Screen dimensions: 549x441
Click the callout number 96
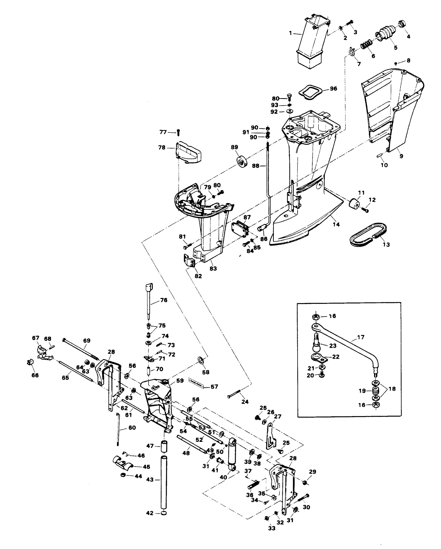pyautogui.click(x=333, y=88)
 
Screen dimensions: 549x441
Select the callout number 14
pyautogui.click(x=336, y=224)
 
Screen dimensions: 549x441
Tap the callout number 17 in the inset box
pyautogui.click(x=361, y=337)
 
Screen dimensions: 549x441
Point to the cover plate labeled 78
pyautogui.click(x=188, y=153)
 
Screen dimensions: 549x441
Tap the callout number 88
pyautogui.click(x=255, y=166)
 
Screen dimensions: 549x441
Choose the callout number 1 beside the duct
pyautogui.click(x=291, y=33)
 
